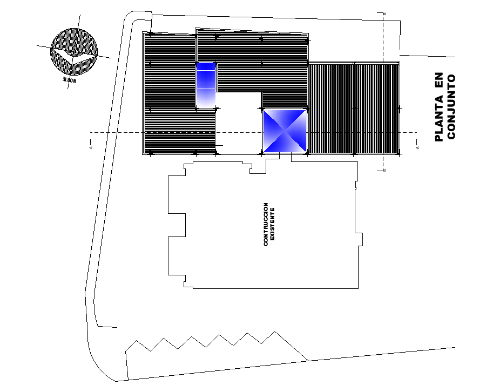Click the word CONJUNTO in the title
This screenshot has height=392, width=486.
452,106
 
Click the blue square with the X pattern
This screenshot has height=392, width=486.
285,131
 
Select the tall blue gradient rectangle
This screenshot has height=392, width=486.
206,85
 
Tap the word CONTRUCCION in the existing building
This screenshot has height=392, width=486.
266,225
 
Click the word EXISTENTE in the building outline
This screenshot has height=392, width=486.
273,224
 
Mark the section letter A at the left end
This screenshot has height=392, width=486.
91,146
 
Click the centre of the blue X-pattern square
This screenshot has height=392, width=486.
285,131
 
